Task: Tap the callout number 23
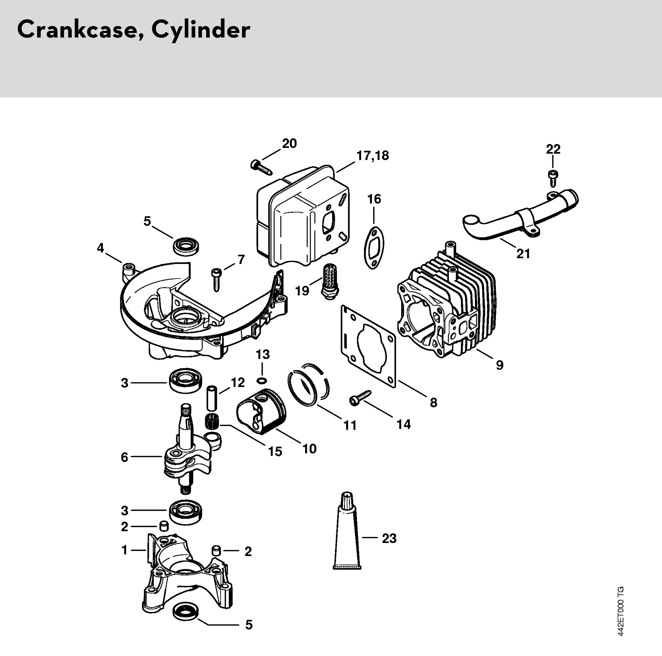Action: tap(389, 538)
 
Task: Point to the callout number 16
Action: tap(374, 199)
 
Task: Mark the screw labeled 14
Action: tap(360, 397)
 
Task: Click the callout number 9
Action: tap(500, 365)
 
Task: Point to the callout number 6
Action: tap(124, 457)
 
